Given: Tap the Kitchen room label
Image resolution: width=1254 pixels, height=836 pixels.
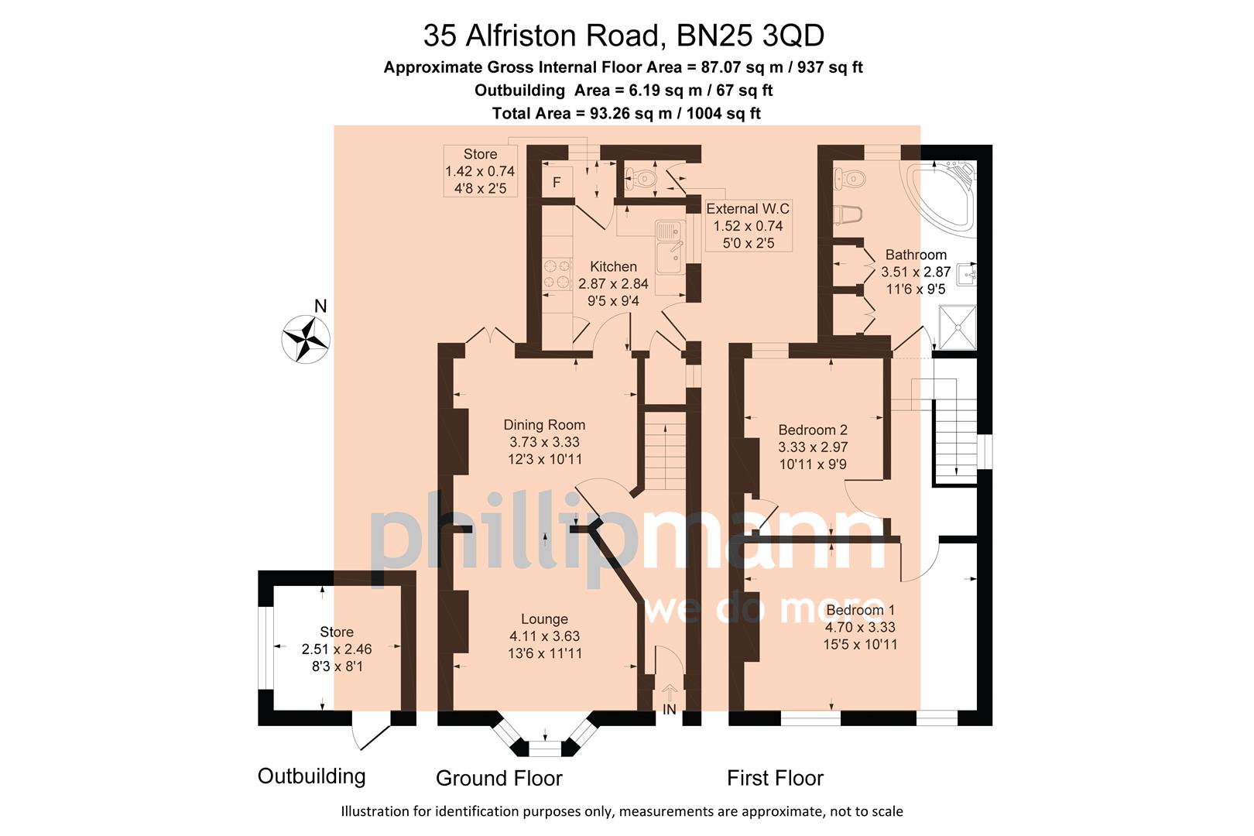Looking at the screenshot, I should click(613, 267).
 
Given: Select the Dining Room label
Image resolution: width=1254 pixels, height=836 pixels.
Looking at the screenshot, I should click(544, 425).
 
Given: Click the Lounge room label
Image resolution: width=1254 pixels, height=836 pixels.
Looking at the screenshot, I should click(544, 619).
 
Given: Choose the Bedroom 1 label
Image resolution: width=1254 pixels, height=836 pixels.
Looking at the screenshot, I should click(860, 610).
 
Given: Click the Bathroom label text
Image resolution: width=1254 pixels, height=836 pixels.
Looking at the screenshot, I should click(916, 255).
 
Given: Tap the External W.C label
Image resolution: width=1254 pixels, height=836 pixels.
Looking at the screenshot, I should click(748, 209).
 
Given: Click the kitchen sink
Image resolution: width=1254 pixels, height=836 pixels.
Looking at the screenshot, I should click(670, 248).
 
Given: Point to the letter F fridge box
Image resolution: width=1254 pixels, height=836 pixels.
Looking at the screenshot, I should click(557, 183).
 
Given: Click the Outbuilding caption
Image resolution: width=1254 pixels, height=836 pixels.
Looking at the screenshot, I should click(311, 776).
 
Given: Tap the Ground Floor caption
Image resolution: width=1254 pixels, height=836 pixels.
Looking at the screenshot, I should click(499, 778).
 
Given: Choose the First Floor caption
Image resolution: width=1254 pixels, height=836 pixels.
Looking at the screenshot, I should click(775, 778).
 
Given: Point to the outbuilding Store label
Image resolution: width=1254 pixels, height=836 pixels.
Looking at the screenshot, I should click(337, 632).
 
